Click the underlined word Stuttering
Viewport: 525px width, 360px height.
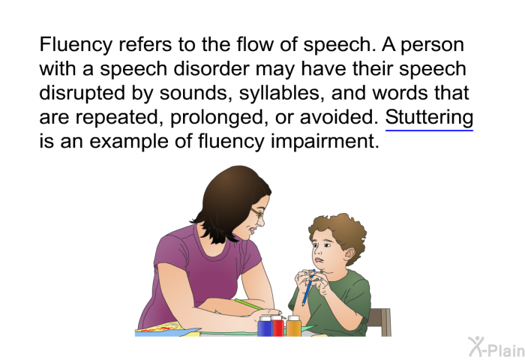click(429, 118)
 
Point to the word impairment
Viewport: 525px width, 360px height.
click(325, 142)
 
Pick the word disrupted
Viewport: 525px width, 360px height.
click(82, 94)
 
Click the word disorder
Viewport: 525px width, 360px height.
click(212, 69)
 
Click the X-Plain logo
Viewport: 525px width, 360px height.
click(496, 347)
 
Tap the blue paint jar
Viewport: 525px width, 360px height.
click(265, 325)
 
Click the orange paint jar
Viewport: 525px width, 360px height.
click(293, 325)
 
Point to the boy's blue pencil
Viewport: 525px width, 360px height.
click(308, 288)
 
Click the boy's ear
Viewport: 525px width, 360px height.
click(349, 255)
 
